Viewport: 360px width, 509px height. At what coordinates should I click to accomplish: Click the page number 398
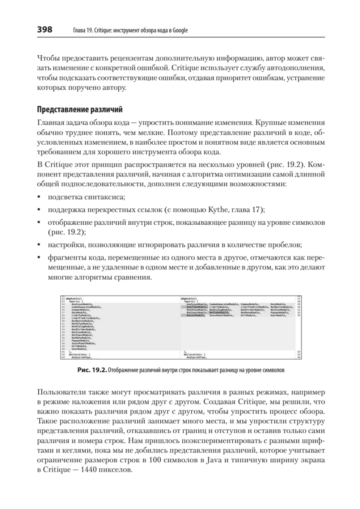coord(45,30)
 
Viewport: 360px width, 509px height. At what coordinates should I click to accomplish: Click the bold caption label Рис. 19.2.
coord(92,370)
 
